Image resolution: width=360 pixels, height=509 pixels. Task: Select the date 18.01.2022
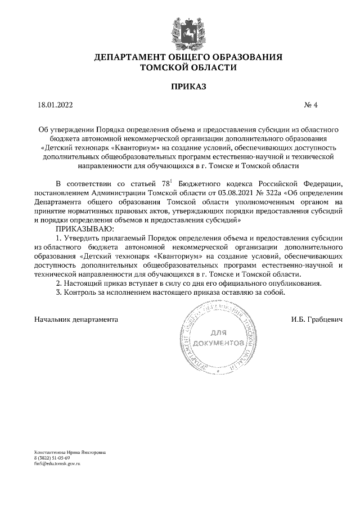pos(55,105)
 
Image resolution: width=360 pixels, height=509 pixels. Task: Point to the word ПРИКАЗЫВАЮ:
pos(84,229)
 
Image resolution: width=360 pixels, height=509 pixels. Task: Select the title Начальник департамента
pos(76,319)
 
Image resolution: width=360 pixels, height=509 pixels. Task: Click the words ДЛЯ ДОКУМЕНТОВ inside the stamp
pos(218,337)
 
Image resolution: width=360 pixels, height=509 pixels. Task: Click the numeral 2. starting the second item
pos(60,283)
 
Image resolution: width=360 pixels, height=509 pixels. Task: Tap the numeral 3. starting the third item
pos(60,292)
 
